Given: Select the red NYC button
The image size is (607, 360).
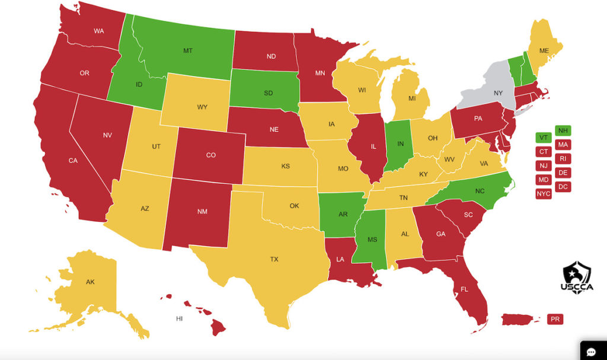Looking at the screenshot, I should [544, 193].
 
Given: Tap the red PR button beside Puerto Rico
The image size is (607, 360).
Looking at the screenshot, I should [555, 319].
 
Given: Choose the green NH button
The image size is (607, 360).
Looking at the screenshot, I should [564, 130].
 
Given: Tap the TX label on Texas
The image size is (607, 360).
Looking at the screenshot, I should [274, 259].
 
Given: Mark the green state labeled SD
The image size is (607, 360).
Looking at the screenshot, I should [269, 93].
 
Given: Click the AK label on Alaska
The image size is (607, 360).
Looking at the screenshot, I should [90, 282].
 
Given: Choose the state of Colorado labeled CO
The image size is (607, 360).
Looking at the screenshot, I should [211, 155].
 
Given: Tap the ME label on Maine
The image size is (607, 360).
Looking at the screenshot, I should [544, 51].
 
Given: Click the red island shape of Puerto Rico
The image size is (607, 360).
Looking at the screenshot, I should [519, 319].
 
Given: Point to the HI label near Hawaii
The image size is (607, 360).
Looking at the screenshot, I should [179, 318].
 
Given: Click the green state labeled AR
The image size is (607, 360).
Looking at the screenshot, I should [343, 214].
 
